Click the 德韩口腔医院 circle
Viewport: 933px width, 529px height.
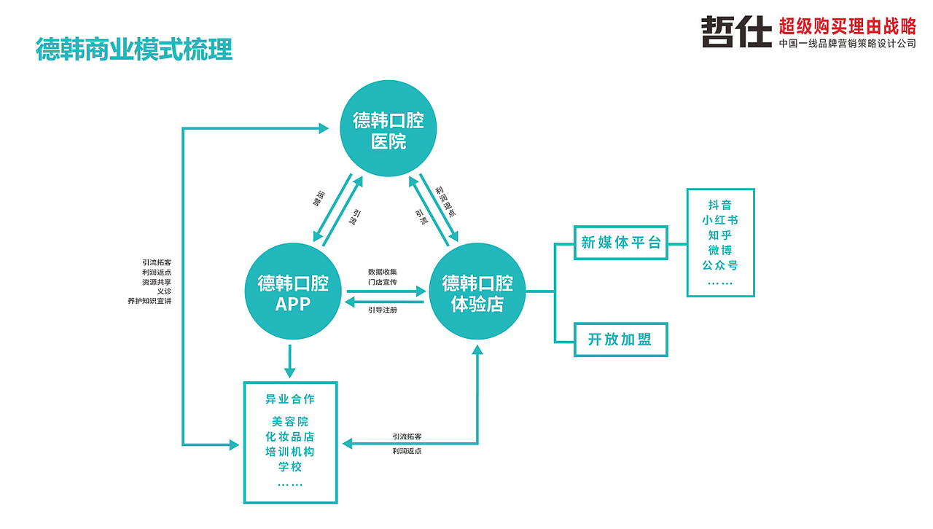[389, 128]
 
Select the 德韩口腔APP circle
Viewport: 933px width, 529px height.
[293, 291]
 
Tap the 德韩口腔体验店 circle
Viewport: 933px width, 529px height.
[477, 291]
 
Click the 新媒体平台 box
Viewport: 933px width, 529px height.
[620, 243]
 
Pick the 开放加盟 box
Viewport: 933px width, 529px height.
[620, 340]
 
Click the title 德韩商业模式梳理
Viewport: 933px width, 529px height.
[134, 50]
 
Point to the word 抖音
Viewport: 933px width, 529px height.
[720, 205]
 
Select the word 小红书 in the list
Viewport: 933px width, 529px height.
[720, 220]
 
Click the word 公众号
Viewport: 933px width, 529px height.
[720, 265]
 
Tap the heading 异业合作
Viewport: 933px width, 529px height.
[290, 399]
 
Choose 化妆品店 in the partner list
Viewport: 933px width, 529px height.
[290, 436]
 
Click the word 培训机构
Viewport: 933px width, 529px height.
[290, 452]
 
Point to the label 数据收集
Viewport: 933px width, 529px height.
[383, 272]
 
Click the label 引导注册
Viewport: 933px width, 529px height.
[383, 310]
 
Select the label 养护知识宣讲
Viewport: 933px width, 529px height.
[149, 301]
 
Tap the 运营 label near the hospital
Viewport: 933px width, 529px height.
[319, 198]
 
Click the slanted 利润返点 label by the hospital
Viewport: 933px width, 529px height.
[445, 202]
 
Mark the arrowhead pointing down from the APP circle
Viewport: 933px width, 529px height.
[290, 373]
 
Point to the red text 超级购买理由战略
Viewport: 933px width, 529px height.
[848, 26]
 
